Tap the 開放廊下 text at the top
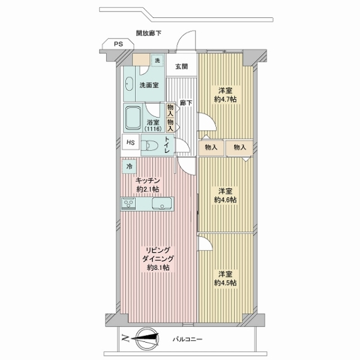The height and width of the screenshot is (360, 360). tap(148, 34)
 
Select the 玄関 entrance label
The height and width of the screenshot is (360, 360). tap(182, 67)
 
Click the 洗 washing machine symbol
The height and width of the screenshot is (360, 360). tap(157, 61)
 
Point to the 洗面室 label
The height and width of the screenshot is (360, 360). tap(149, 85)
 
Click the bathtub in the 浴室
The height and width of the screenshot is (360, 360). tap(133, 118)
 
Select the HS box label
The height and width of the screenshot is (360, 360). tap(130, 143)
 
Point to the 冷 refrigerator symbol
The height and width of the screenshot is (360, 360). tap(130, 165)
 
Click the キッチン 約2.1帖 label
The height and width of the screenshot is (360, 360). tap(147, 184)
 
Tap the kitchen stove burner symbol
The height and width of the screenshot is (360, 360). tap(130, 205)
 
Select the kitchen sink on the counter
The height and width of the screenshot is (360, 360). tap(162, 205)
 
